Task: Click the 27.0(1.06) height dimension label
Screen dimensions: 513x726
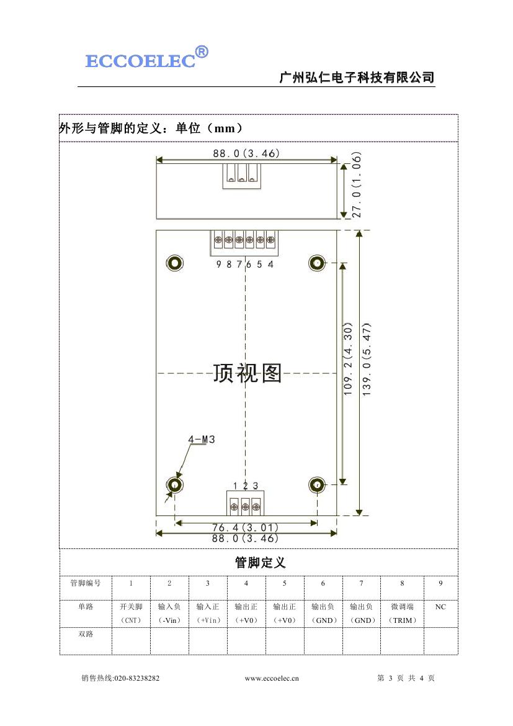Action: click(x=357, y=184)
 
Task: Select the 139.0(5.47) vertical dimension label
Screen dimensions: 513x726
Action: click(x=367, y=359)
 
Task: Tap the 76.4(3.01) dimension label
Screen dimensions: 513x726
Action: click(x=245, y=527)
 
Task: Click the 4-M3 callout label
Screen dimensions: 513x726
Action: click(x=202, y=440)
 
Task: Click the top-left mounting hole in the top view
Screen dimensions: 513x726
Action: click(x=175, y=263)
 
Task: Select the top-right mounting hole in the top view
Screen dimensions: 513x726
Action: click(x=317, y=263)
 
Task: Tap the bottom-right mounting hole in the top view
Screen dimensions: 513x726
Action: click(x=317, y=485)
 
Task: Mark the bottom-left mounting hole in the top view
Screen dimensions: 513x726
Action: click(x=175, y=485)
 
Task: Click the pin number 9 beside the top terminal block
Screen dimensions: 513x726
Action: click(x=219, y=265)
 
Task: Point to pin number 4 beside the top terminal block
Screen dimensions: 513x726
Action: click(x=270, y=265)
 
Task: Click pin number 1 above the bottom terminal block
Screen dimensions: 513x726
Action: click(x=235, y=486)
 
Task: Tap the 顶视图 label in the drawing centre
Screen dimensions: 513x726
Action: click(x=247, y=373)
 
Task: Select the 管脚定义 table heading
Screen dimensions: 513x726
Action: click(x=260, y=563)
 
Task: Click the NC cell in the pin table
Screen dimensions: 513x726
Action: click(x=440, y=607)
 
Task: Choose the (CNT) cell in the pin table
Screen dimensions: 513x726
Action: click(x=131, y=620)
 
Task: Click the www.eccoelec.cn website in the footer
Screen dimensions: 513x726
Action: click(x=272, y=678)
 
